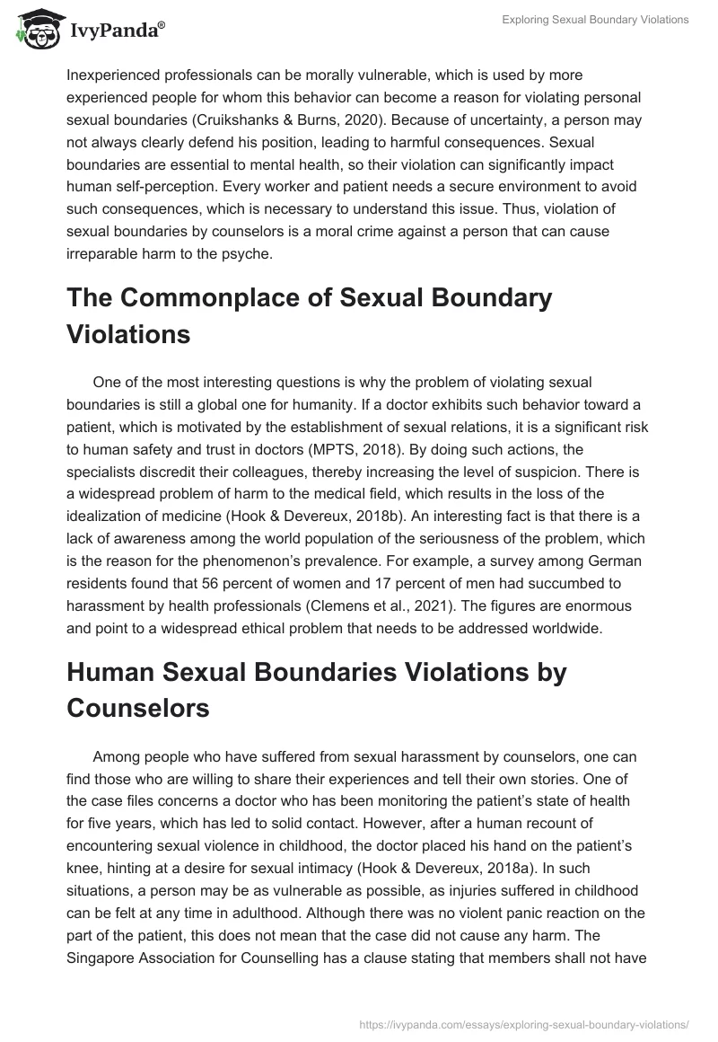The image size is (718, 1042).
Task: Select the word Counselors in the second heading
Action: coord(137,708)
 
